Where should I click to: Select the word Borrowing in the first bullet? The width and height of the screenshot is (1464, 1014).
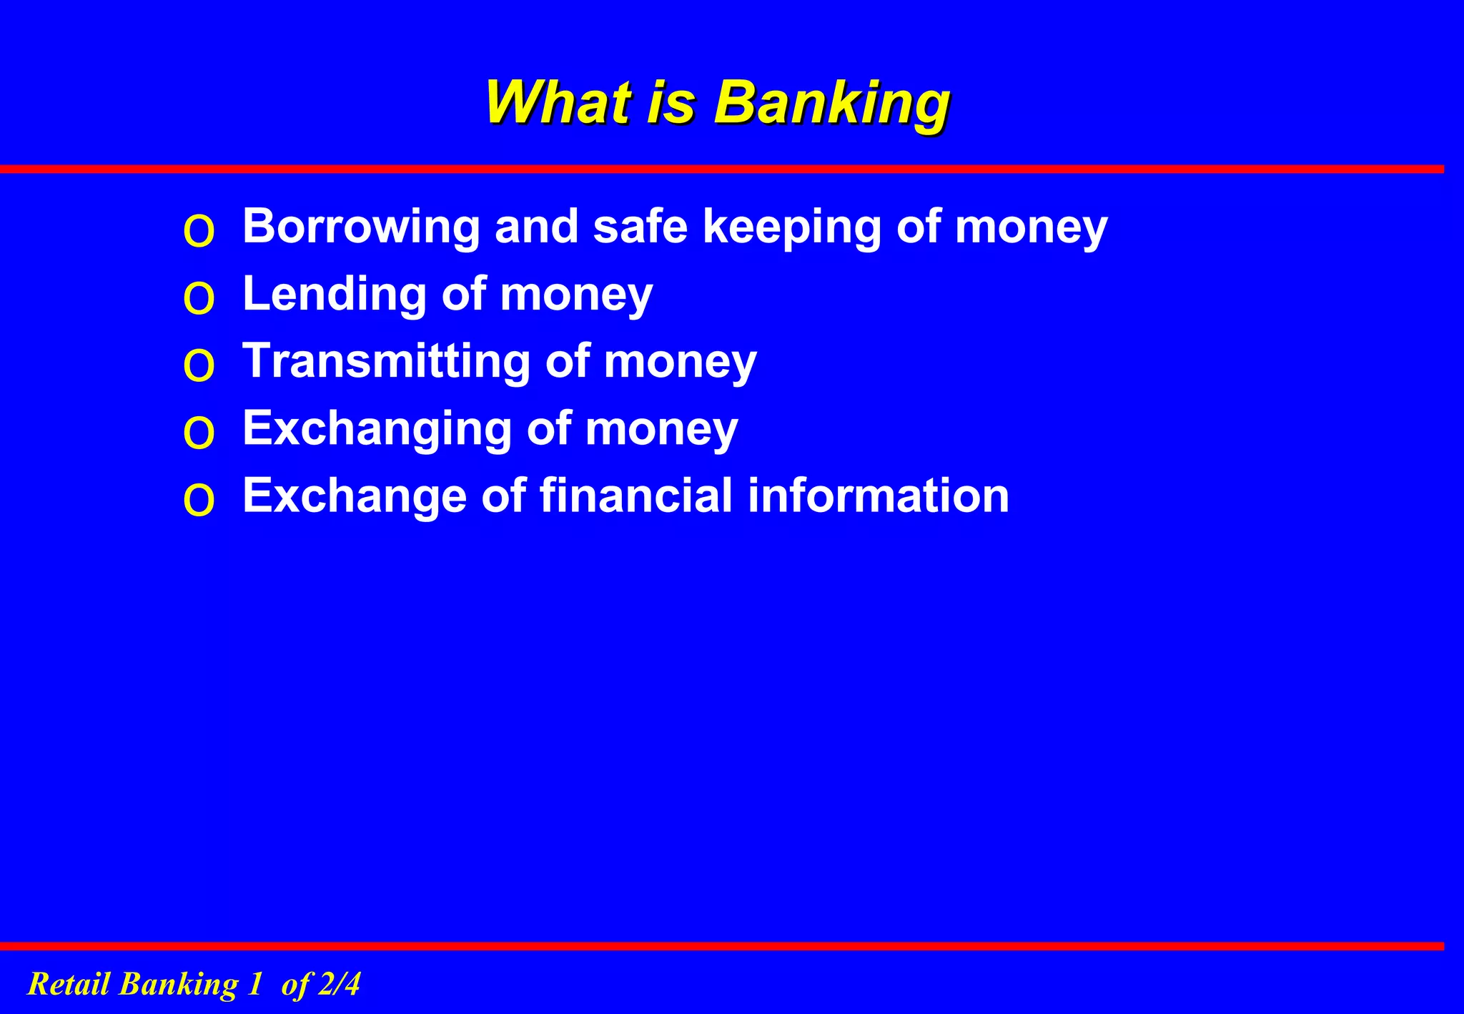click(x=361, y=227)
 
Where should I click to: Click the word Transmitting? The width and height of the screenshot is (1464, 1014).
click(x=386, y=361)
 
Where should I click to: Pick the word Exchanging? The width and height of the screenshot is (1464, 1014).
click(x=377, y=429)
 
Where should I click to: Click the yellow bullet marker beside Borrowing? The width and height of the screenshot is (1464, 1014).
click(x=199, y=232)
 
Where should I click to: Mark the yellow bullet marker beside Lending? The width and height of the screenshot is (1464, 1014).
click(x=199, y=299)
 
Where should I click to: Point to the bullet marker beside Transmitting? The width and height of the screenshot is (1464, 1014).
click(x=199, y=366)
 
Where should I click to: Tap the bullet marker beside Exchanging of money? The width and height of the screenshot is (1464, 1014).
click(x=199, y=433)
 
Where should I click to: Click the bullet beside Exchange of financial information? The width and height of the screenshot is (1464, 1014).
click(x=199, y=500)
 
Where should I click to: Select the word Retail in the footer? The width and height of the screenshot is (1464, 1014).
click(x=69, y=984)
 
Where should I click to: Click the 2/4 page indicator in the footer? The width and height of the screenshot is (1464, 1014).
click(x=339, y=984)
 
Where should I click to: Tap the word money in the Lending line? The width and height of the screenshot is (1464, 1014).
click(x=576, y=294)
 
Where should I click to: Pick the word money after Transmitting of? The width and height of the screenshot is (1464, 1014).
click(x=680, y=361)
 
